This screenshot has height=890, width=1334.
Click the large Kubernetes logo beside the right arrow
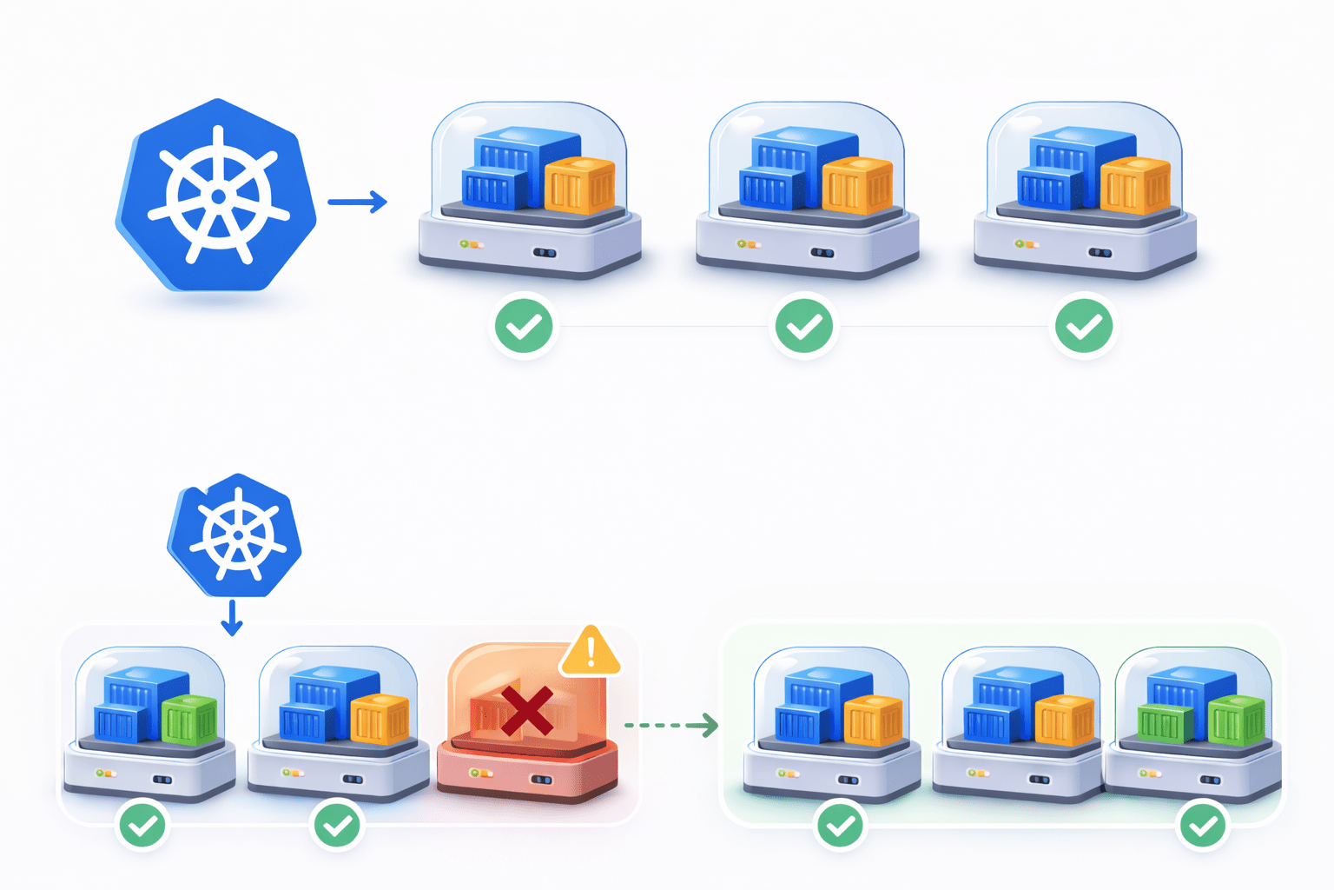pos(217,196)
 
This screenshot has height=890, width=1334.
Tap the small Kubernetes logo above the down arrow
pos(235,535)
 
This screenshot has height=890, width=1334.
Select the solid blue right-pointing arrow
pos(357,202)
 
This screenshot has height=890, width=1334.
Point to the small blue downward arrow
pos(231,617)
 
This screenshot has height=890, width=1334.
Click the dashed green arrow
pos(671,724)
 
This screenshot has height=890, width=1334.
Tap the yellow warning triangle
pos(591,652)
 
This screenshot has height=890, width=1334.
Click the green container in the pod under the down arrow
pos(190,720)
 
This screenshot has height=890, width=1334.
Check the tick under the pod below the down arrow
pos(143,825)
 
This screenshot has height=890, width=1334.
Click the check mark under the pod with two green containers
pos(1203,825)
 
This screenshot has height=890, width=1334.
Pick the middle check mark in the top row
pos(804,327)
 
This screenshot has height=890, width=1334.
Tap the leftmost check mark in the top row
pos(524,327)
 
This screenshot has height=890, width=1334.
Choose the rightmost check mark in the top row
pos(1084,327)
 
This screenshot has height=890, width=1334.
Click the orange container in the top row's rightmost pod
pos(1135,185)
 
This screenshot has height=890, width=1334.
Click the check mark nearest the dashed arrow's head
pos(840,825)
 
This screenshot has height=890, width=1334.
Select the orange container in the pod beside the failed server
pos(380,719)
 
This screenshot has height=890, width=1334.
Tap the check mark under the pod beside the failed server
pos(338,825)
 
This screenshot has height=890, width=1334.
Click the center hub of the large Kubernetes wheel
pos(218,196)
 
